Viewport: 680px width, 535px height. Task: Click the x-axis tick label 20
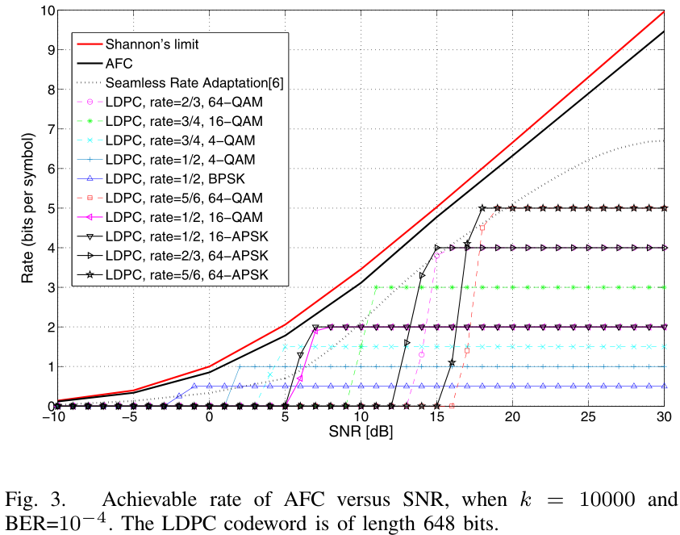[x=512, y=420]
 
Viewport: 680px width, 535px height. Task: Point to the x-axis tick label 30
[x=663, y=420]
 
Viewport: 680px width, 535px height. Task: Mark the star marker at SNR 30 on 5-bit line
[x=664, y=208]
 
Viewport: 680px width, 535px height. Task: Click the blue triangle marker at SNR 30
[x=664, y=386]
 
